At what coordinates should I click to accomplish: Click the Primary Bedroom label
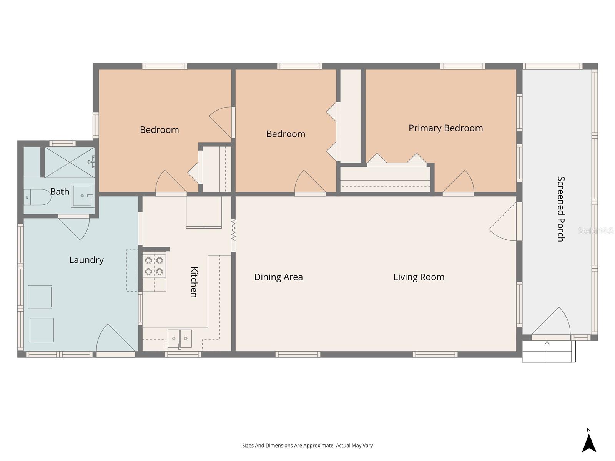445,128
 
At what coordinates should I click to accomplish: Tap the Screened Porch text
561,209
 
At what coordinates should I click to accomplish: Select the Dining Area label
278,277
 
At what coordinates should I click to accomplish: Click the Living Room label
419,277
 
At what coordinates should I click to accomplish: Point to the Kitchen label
194,282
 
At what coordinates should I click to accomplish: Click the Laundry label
86,260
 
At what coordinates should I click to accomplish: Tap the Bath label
60,191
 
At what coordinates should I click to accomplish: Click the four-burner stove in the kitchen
154,266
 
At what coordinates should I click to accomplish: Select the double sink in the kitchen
180,338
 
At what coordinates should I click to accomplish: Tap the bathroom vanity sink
83,196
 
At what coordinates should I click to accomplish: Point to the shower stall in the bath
70,163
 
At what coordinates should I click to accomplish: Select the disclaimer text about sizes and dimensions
307,446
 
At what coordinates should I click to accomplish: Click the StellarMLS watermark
596,230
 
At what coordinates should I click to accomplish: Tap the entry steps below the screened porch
547,352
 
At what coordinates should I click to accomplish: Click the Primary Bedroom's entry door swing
460,183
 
